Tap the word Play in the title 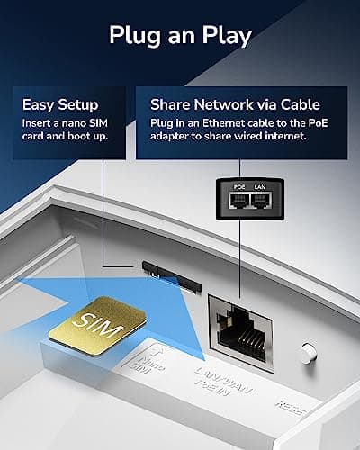(223, 36)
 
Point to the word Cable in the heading (299, 103)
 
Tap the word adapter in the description (168, 138)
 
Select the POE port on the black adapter (238, 202)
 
